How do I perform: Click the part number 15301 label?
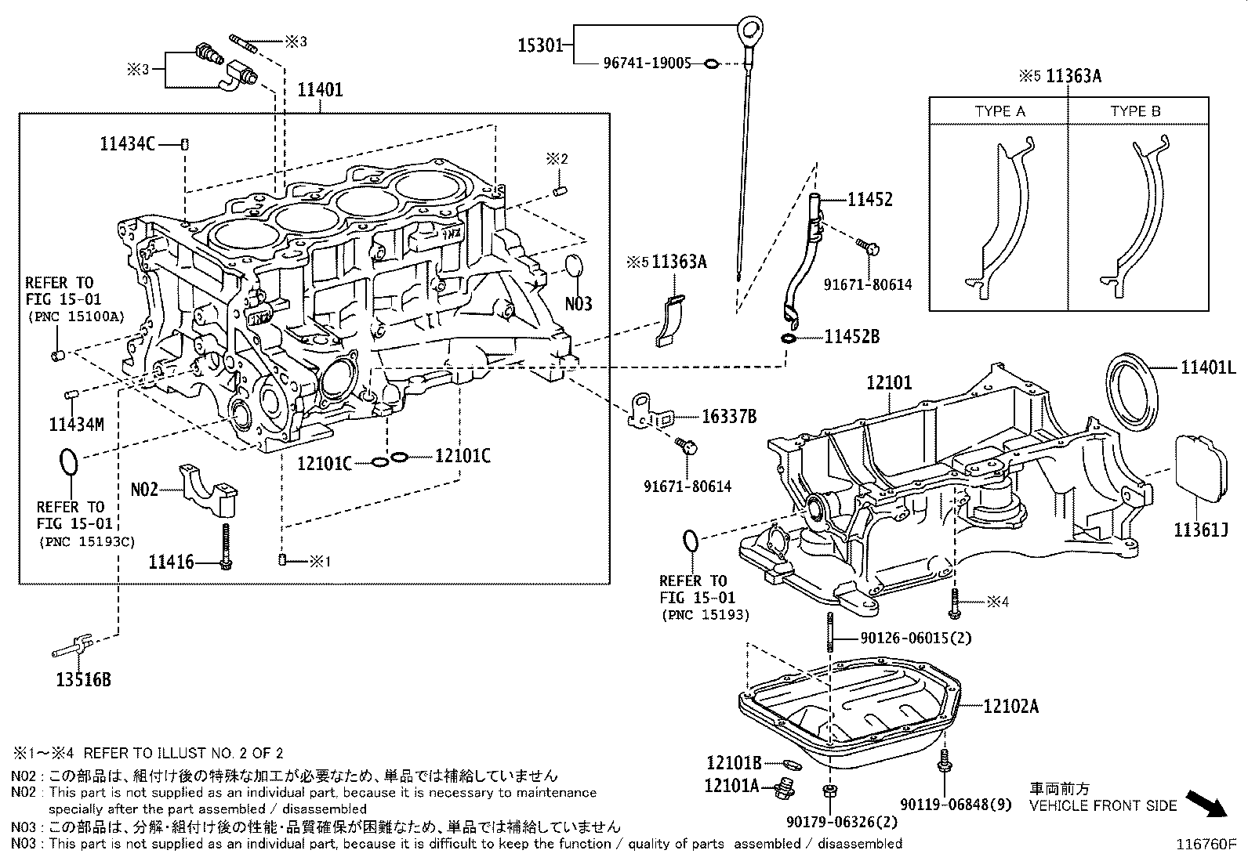(x=539, y=45)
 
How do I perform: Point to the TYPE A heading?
(x=999, y=111)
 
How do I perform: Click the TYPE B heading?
(x=1135, y=111)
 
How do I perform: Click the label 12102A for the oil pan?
(x=1011, y=707)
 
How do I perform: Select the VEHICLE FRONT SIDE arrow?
(x=1206, y=802)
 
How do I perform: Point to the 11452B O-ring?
(x=789, y=338)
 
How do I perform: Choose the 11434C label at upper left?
(x=127, y=143)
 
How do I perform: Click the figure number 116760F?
(x=1205, y=845)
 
